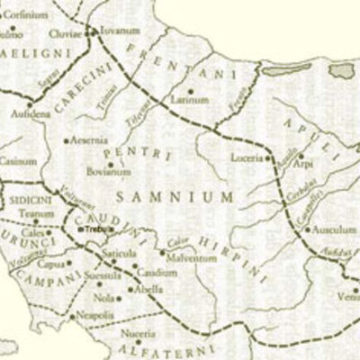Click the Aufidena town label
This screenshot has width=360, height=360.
click(x=31, y=116)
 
